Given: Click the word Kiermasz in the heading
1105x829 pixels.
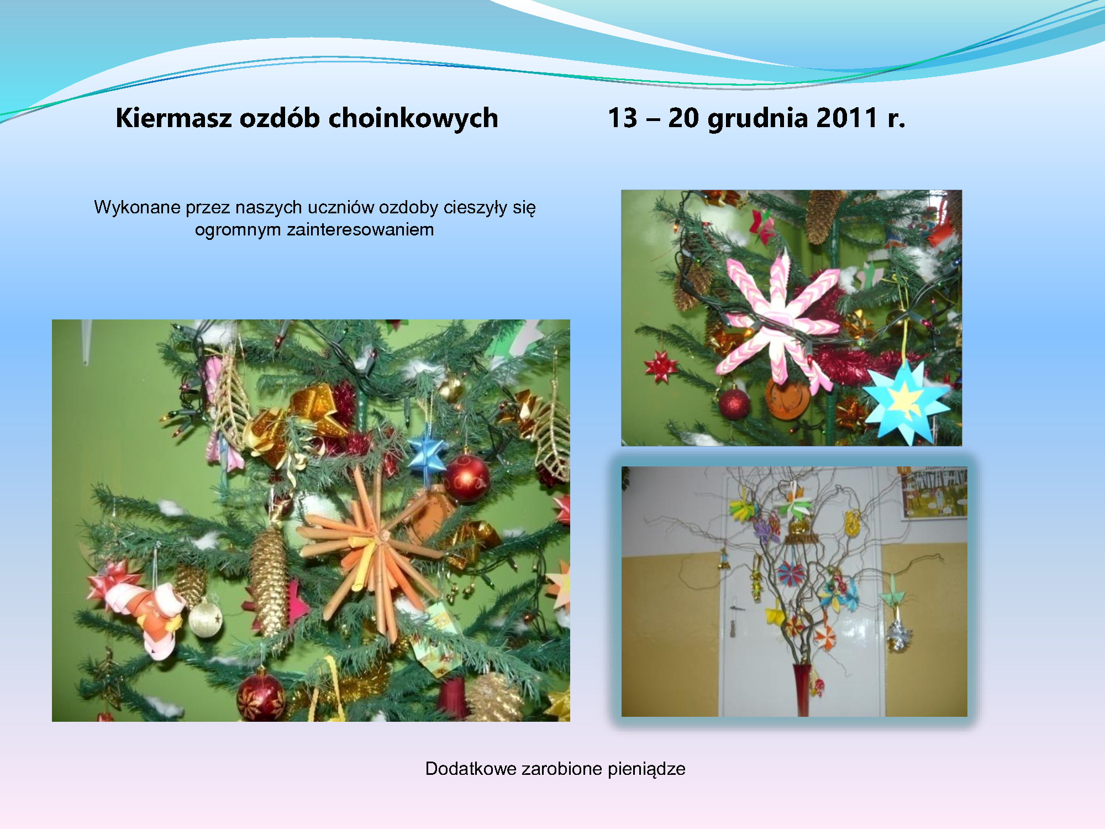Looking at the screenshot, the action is (173, 118).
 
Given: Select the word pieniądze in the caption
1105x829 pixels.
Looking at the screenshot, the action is (646, 769).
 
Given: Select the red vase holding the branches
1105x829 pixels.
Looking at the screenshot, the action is (802, 690).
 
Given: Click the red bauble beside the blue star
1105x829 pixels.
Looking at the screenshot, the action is (467, 479).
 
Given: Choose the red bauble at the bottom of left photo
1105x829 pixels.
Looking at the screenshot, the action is (260, 696).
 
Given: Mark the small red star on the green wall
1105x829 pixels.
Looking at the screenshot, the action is (660, 366).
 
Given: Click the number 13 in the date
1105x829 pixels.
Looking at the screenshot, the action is (623, 118).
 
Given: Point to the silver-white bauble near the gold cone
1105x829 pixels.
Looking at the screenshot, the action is (205, 618).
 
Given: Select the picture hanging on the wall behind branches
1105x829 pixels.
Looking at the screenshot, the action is (934, 493).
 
